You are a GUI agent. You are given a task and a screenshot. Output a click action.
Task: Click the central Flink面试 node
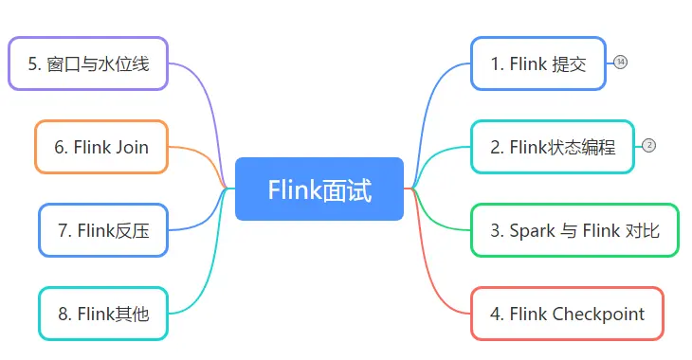tap(319, 189)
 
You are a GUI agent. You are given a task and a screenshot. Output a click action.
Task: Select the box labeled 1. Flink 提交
tap(537, 63)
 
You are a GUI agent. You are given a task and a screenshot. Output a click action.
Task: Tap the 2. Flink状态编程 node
tap(552, 147)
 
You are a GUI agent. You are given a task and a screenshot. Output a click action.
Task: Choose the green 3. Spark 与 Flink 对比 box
tap(574, 230)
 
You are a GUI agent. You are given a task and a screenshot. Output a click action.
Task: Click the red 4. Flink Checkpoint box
tap(566, 314)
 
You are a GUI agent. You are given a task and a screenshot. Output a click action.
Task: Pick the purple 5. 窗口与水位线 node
tap(88, 63)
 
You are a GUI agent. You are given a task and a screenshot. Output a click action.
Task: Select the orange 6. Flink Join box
tap(101, 147)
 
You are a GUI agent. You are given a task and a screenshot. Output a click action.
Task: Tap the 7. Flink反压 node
tap(103, 230)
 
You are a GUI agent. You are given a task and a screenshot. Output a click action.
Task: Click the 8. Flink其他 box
tap(103, 314)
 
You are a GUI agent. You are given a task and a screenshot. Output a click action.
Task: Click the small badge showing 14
tap(621, 63)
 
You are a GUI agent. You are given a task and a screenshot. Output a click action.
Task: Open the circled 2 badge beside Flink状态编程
tap(648, 146)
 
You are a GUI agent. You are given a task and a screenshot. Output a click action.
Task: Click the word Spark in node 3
tap(532, 230)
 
